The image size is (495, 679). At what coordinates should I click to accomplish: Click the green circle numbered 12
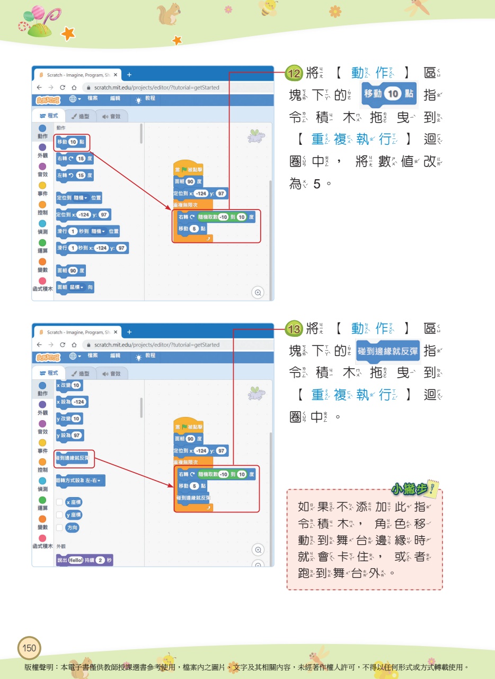(x=293, y=73)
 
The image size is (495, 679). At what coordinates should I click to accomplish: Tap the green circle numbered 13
(x=293, y=329)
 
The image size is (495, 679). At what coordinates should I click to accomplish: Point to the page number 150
(x=29, y=648)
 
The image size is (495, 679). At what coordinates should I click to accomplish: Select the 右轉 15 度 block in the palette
(x=75, y=158)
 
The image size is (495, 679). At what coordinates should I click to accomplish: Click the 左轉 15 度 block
(x=75, y=175)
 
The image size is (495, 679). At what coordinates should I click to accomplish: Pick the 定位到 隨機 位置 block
(x=79, y=198)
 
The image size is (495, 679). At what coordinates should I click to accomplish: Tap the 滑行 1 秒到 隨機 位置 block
(x=87, y=231)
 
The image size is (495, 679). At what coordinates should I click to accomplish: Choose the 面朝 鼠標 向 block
(x=75, y=288)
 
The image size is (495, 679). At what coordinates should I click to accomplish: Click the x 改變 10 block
(x=69, y=385)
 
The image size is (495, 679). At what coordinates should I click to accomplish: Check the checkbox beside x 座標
(x=60, y=502)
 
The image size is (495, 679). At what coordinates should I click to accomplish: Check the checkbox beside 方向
(x=60, y=527)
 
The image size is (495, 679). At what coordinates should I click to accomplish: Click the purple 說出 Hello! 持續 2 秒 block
(x=84, y=560)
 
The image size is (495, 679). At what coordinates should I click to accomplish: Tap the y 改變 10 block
(x=69, y=419)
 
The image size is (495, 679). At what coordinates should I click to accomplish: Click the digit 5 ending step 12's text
(x=317, y=184)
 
